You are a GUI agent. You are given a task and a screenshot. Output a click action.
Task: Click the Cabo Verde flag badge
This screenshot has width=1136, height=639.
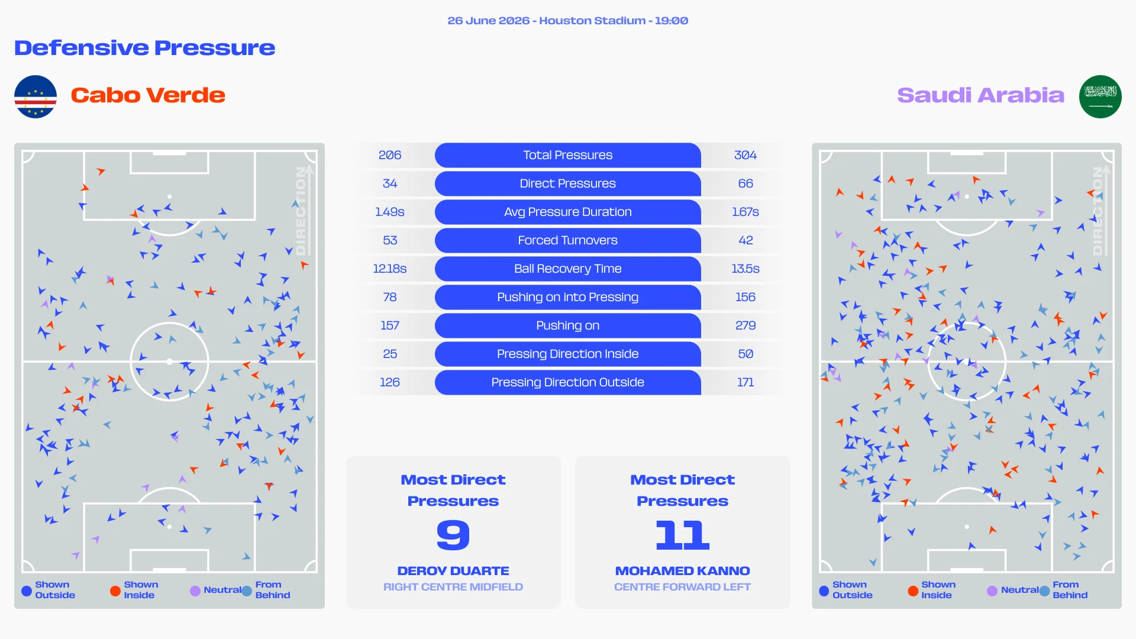tap(35, 96)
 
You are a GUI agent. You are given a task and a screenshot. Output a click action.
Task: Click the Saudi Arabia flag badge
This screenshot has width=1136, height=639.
tap(1100, 96)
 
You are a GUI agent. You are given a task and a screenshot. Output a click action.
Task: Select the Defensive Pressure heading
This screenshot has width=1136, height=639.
tap(145, 47)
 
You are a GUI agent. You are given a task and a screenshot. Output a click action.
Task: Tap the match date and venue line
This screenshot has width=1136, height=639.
tap(568, 21)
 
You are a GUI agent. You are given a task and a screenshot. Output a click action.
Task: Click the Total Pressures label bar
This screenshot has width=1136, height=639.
tap(568, 155)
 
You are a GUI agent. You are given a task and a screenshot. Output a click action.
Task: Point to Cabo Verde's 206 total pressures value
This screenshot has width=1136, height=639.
tap(390, 155)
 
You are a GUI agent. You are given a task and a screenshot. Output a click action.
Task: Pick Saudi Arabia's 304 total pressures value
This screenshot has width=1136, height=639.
tap(745, 155)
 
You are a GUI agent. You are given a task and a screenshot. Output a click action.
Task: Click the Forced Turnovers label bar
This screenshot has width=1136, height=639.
tap(568, 240)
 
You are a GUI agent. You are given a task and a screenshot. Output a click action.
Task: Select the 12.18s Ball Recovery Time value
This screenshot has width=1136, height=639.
tap(390, 269)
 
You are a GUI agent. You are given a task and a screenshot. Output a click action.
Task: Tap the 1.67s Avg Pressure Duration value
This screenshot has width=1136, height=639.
tap(745, 212)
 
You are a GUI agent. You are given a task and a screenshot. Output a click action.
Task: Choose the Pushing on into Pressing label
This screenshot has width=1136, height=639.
tap(568, 297)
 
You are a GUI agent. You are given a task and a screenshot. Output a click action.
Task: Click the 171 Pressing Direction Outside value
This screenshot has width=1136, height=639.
tap(745, 382)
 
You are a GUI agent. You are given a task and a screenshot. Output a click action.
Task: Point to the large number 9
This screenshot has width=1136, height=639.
tap(453, 535)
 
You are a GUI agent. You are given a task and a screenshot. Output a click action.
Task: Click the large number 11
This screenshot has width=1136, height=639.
tap(683, 535)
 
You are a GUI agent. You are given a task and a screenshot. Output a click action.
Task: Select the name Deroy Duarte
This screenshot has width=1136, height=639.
tap(453, 571)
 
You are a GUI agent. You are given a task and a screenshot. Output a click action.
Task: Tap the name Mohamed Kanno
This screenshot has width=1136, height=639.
tap(683, 571)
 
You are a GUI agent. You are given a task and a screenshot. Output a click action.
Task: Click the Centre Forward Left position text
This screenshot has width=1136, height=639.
tap(683, 587)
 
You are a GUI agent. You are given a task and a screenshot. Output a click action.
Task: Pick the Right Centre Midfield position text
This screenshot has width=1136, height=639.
tap(453, 587)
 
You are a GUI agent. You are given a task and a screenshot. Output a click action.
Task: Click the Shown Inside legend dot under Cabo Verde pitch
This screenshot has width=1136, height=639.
tap(115, 590)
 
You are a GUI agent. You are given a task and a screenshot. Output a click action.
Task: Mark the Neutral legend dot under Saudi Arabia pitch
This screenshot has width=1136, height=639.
tap(992, 590)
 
